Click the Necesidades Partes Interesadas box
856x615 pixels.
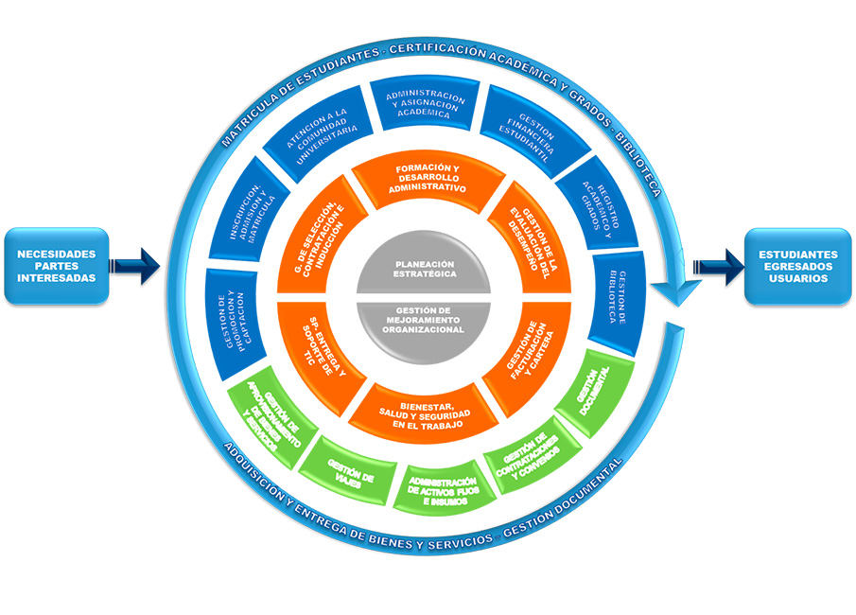57,266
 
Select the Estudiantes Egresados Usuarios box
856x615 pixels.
796,266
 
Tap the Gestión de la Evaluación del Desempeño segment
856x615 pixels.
526,236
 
